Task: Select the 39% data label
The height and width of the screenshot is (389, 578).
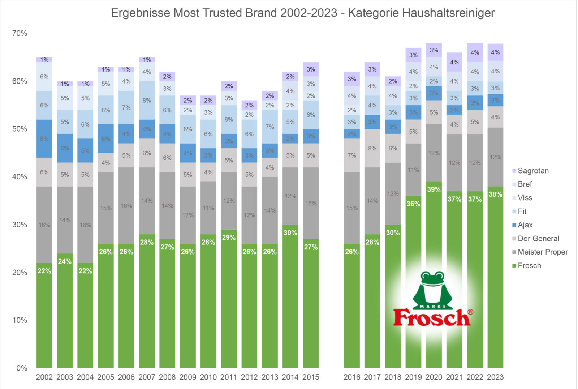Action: [433, 189]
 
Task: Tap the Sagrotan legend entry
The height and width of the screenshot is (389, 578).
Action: [533, 171]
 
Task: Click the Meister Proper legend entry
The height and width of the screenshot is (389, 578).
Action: [542, 252]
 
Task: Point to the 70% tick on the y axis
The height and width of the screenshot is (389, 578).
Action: [20, 33]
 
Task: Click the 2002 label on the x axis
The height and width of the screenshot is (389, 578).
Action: [44, 377]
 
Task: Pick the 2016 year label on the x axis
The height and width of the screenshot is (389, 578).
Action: [351, 377]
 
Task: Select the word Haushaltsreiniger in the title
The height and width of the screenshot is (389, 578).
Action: [448, 13]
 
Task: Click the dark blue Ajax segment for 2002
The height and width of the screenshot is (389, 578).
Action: [44, 138]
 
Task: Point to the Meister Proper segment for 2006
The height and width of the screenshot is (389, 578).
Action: [126, 205]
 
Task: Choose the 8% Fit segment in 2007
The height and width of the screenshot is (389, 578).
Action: [147, 100]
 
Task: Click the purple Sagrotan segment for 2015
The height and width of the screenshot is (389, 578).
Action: [311, 69]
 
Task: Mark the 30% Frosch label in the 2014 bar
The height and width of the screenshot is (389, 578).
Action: [290, 233]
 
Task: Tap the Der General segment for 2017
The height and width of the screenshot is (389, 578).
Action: [372, 148]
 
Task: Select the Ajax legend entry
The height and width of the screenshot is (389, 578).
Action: [525, 225]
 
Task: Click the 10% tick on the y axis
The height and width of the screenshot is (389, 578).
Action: [20, 320]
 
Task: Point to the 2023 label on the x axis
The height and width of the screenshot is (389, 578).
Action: [495, 377]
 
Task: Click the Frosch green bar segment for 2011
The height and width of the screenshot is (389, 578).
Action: [229, 300]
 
